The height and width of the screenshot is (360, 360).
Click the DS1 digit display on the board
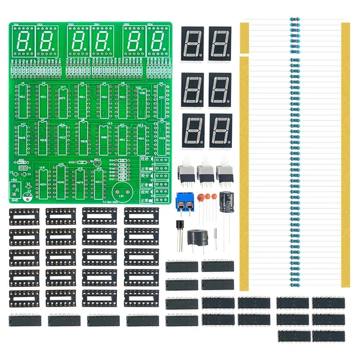point(24,40)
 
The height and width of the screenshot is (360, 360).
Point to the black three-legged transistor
point(178,228)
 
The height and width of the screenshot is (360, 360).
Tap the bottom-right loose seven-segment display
point(220,131)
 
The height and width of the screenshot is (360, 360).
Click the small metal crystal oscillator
point(22,168)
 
